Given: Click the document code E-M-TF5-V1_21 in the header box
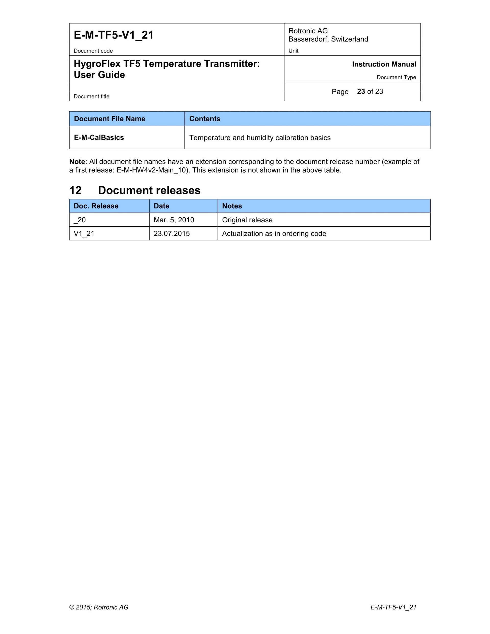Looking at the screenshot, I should pos(114,35).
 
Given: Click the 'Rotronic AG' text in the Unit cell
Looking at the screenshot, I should pos(308,31).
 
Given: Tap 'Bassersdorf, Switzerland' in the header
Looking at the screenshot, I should pos(328,39).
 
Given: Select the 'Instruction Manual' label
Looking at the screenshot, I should pos(384,64).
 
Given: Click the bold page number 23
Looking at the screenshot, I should pos(361,91).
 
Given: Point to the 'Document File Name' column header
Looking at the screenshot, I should pos(109,119).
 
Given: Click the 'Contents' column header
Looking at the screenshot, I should pos(205,119).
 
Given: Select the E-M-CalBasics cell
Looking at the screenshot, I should pos(99,138).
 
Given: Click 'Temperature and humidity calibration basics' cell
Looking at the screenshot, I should pos(260,138).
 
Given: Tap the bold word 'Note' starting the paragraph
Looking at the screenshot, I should pos(77,162).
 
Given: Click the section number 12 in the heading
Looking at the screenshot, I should pos(76,190).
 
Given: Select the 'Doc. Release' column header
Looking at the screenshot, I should pos(96,206).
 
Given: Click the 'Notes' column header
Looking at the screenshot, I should pos(232,206).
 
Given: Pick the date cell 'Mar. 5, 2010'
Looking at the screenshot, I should pos(174,220).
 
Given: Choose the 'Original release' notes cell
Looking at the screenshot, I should pos(247,220).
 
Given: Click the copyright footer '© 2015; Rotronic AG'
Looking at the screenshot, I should pos(99,607).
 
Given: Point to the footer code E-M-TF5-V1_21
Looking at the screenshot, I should pos(393,607).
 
